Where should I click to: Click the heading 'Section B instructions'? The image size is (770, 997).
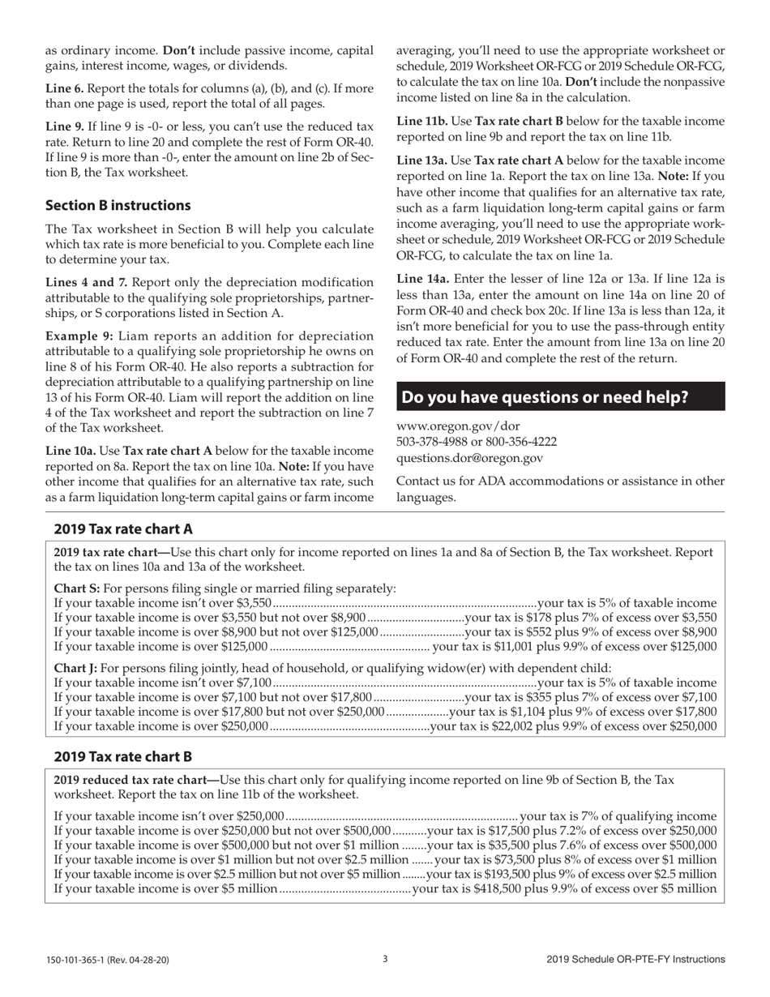[118, 205]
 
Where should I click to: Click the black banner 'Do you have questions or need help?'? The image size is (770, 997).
[545, 397]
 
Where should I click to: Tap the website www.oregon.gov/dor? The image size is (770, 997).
[458, 426]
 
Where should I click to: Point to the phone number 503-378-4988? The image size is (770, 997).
[434, 442]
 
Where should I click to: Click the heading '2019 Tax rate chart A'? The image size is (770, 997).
[123, 529]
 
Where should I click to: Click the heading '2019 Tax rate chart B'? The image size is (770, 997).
[123, 757]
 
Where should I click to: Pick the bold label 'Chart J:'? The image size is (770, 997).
[75, 668]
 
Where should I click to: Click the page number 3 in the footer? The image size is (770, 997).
[385, 959]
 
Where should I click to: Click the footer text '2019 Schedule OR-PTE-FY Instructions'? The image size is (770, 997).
[635, 960]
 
